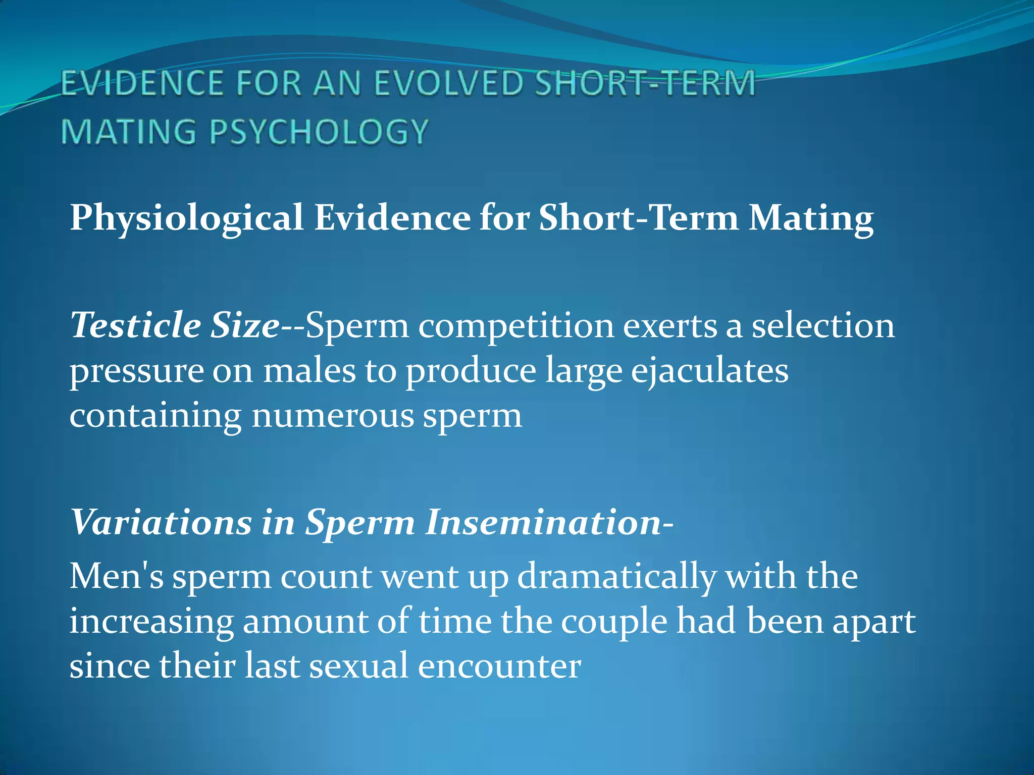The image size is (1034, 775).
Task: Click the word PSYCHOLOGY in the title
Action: click(x=319, y=132)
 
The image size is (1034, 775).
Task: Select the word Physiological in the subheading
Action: click(x=186, y=218)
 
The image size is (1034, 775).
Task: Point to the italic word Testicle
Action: click(x=135, y=325)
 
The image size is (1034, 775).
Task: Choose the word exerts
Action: click(x=670, y=326)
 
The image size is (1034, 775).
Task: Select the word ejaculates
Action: click(x=709, y=372)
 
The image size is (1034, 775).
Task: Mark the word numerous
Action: click(x=332, y=416)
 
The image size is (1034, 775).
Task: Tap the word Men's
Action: click(x=117, y=576)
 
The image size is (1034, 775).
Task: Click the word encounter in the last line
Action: click(x=499, y=666)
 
